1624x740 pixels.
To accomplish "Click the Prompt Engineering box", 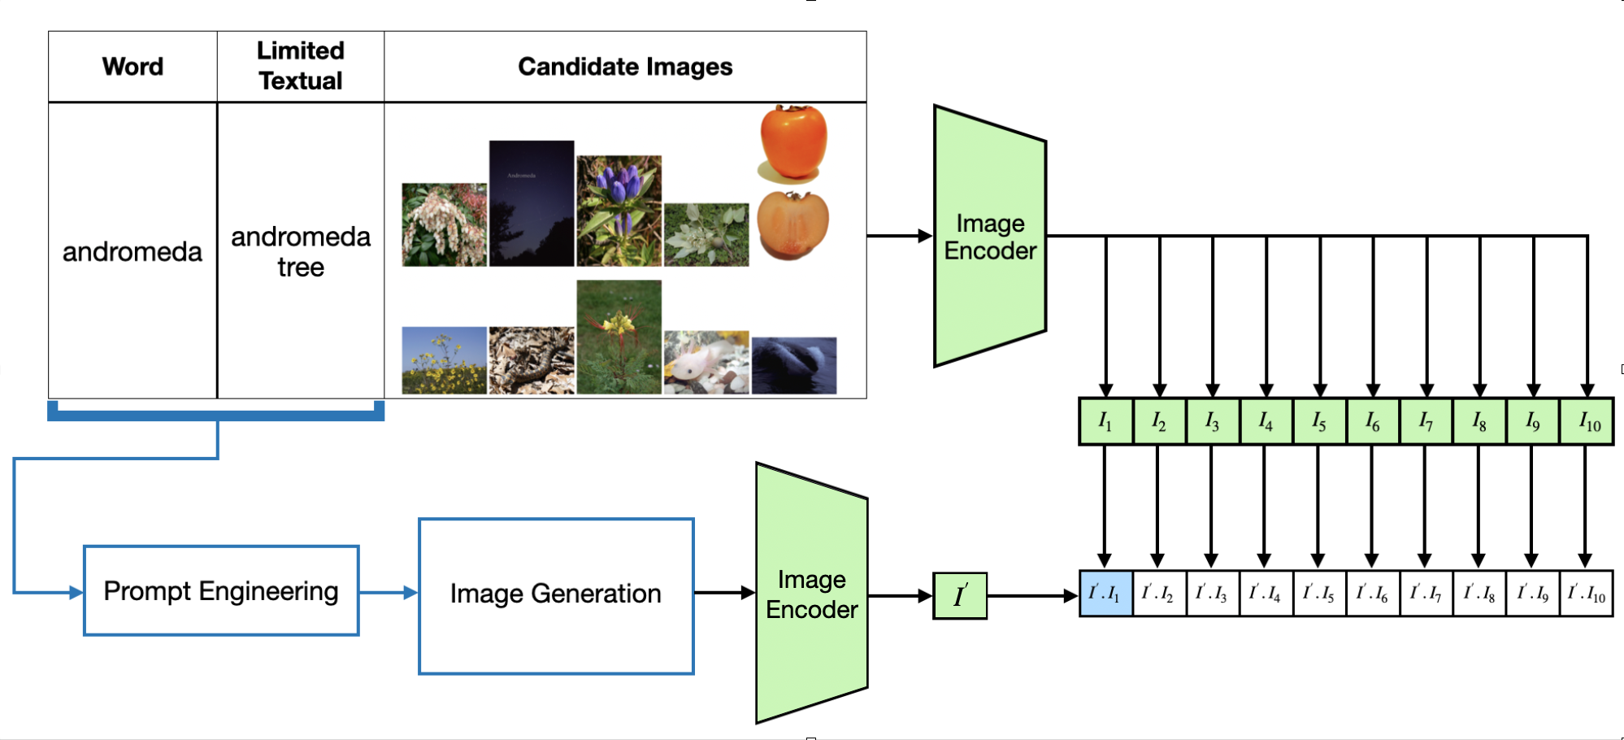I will (x=221, y=590).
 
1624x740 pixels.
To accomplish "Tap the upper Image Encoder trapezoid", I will (x=990, y=236).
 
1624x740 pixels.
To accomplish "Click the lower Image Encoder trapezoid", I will (x=811, y=594).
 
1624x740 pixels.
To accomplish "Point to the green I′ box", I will (x=960, y=596).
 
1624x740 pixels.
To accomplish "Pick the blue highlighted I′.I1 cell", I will (x=1105, y=594).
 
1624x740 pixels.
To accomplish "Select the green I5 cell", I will (x=1319, y=421).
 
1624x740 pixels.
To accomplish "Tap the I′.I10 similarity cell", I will (x=1587, y=594).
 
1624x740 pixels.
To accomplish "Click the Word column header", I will (x=132, y=67).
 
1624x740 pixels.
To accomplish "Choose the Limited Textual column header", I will (x=301, y=66).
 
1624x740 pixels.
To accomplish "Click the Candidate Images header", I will (x=625, y=67).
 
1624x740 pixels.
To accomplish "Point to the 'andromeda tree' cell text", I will (x=301, y=251).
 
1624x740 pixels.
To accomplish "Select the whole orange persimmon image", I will (x=793, y=141).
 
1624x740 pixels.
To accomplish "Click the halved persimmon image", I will (x=792, y=224).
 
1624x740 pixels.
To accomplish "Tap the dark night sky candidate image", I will (x=532, y=203).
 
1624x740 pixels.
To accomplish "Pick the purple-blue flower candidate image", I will (x=619, y=211).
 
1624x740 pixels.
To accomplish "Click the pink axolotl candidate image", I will (x=706, y=363).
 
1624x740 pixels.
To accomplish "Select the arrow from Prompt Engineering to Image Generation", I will (x=389, y=593).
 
